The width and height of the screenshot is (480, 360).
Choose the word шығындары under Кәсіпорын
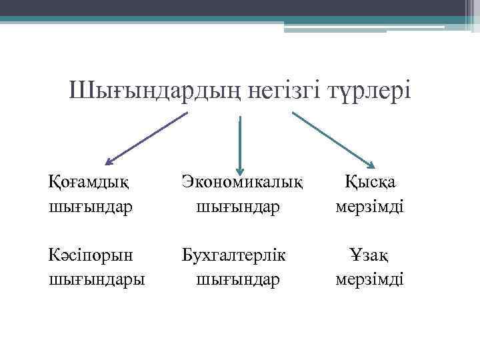pyautogui.click(x=97, y=278)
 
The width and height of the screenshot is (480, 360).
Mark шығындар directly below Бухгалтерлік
pyautogui.click(x=238, y=278)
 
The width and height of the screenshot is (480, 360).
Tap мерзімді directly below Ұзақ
pyautogui.click(x=370, y=278)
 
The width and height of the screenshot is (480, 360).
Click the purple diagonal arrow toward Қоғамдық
pyautogui.click(x=147, y=137)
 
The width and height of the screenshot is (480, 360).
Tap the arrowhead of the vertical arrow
pyautogui.click(x=240, y=169)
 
